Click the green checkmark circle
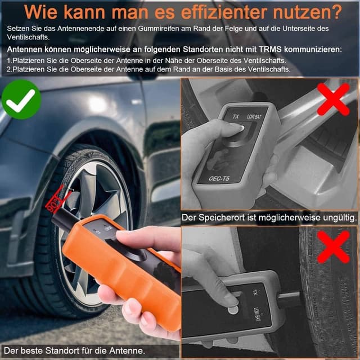[x=21, y=98]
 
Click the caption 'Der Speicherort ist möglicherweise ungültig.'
[x=269, y=217]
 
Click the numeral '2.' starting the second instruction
[x=10, y=69]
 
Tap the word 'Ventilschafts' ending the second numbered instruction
[x=265, y=69]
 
